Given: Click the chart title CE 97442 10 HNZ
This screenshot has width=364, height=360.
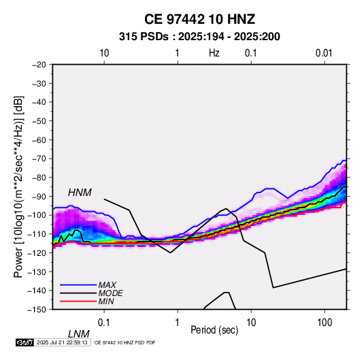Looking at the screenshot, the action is (199, 19).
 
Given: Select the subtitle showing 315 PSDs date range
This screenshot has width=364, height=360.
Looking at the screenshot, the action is (199, 37).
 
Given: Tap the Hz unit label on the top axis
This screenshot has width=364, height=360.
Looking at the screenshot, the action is (214, 53).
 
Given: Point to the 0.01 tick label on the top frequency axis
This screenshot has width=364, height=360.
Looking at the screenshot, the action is (324, 53).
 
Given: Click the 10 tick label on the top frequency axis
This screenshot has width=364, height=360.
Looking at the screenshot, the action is (104, 53).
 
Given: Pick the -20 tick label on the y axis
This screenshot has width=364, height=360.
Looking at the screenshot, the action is (39, 65).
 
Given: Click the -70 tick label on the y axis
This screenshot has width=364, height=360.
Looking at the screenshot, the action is (39, 159).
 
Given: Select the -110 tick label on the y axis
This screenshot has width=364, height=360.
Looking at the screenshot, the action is (37, 234).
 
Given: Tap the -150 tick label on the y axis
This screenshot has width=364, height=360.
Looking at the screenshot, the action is (37, 310).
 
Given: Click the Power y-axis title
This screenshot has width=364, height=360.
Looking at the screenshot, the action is (18, 186).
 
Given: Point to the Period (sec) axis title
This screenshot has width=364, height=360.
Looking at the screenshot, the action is (214, 330).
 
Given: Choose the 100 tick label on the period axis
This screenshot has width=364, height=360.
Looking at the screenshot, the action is (325, 323).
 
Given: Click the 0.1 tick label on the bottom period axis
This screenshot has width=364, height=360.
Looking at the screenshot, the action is (104, 323).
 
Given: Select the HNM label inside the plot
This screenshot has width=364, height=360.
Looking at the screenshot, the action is (80, 193).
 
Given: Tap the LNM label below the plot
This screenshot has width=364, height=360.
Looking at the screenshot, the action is (79, 334).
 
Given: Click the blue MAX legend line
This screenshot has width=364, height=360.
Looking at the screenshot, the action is (78, 285).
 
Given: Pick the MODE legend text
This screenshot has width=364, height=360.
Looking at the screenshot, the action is (110, 293).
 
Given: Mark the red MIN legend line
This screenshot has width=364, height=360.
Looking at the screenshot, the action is (78, 301).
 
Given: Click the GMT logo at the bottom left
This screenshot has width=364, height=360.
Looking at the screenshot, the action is (25, 342).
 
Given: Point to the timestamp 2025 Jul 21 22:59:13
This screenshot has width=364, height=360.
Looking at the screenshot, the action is (62, 342).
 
